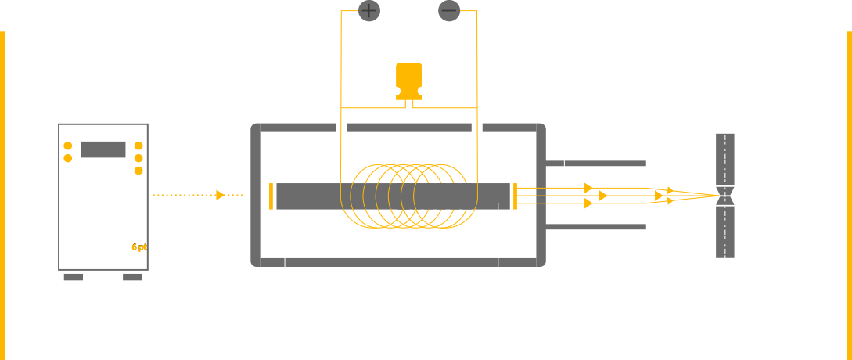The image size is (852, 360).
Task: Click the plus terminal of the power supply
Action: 368,10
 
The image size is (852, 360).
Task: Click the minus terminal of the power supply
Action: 448,10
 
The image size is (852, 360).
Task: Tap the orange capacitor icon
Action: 408,81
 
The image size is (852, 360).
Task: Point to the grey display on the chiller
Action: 102,149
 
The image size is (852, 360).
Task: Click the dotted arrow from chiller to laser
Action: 189,195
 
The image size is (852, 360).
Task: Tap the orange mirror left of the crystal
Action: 271,196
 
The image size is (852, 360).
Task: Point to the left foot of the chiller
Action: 73,276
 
